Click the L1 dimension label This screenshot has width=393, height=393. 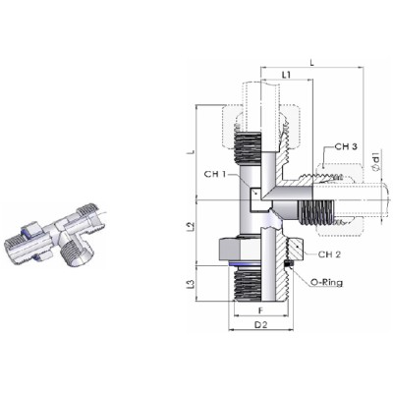tap(286, 75)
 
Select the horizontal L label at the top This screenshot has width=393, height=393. tap(312, 63)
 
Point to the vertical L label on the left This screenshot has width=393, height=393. tap(193, 152)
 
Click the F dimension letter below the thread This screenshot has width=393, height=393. tap(260, 309)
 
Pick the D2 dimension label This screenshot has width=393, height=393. tap(261, 325)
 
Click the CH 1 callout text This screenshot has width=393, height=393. tap(215, 174)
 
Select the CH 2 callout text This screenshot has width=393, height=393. tap(330, 254)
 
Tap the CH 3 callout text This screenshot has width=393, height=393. tap(346, 146)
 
